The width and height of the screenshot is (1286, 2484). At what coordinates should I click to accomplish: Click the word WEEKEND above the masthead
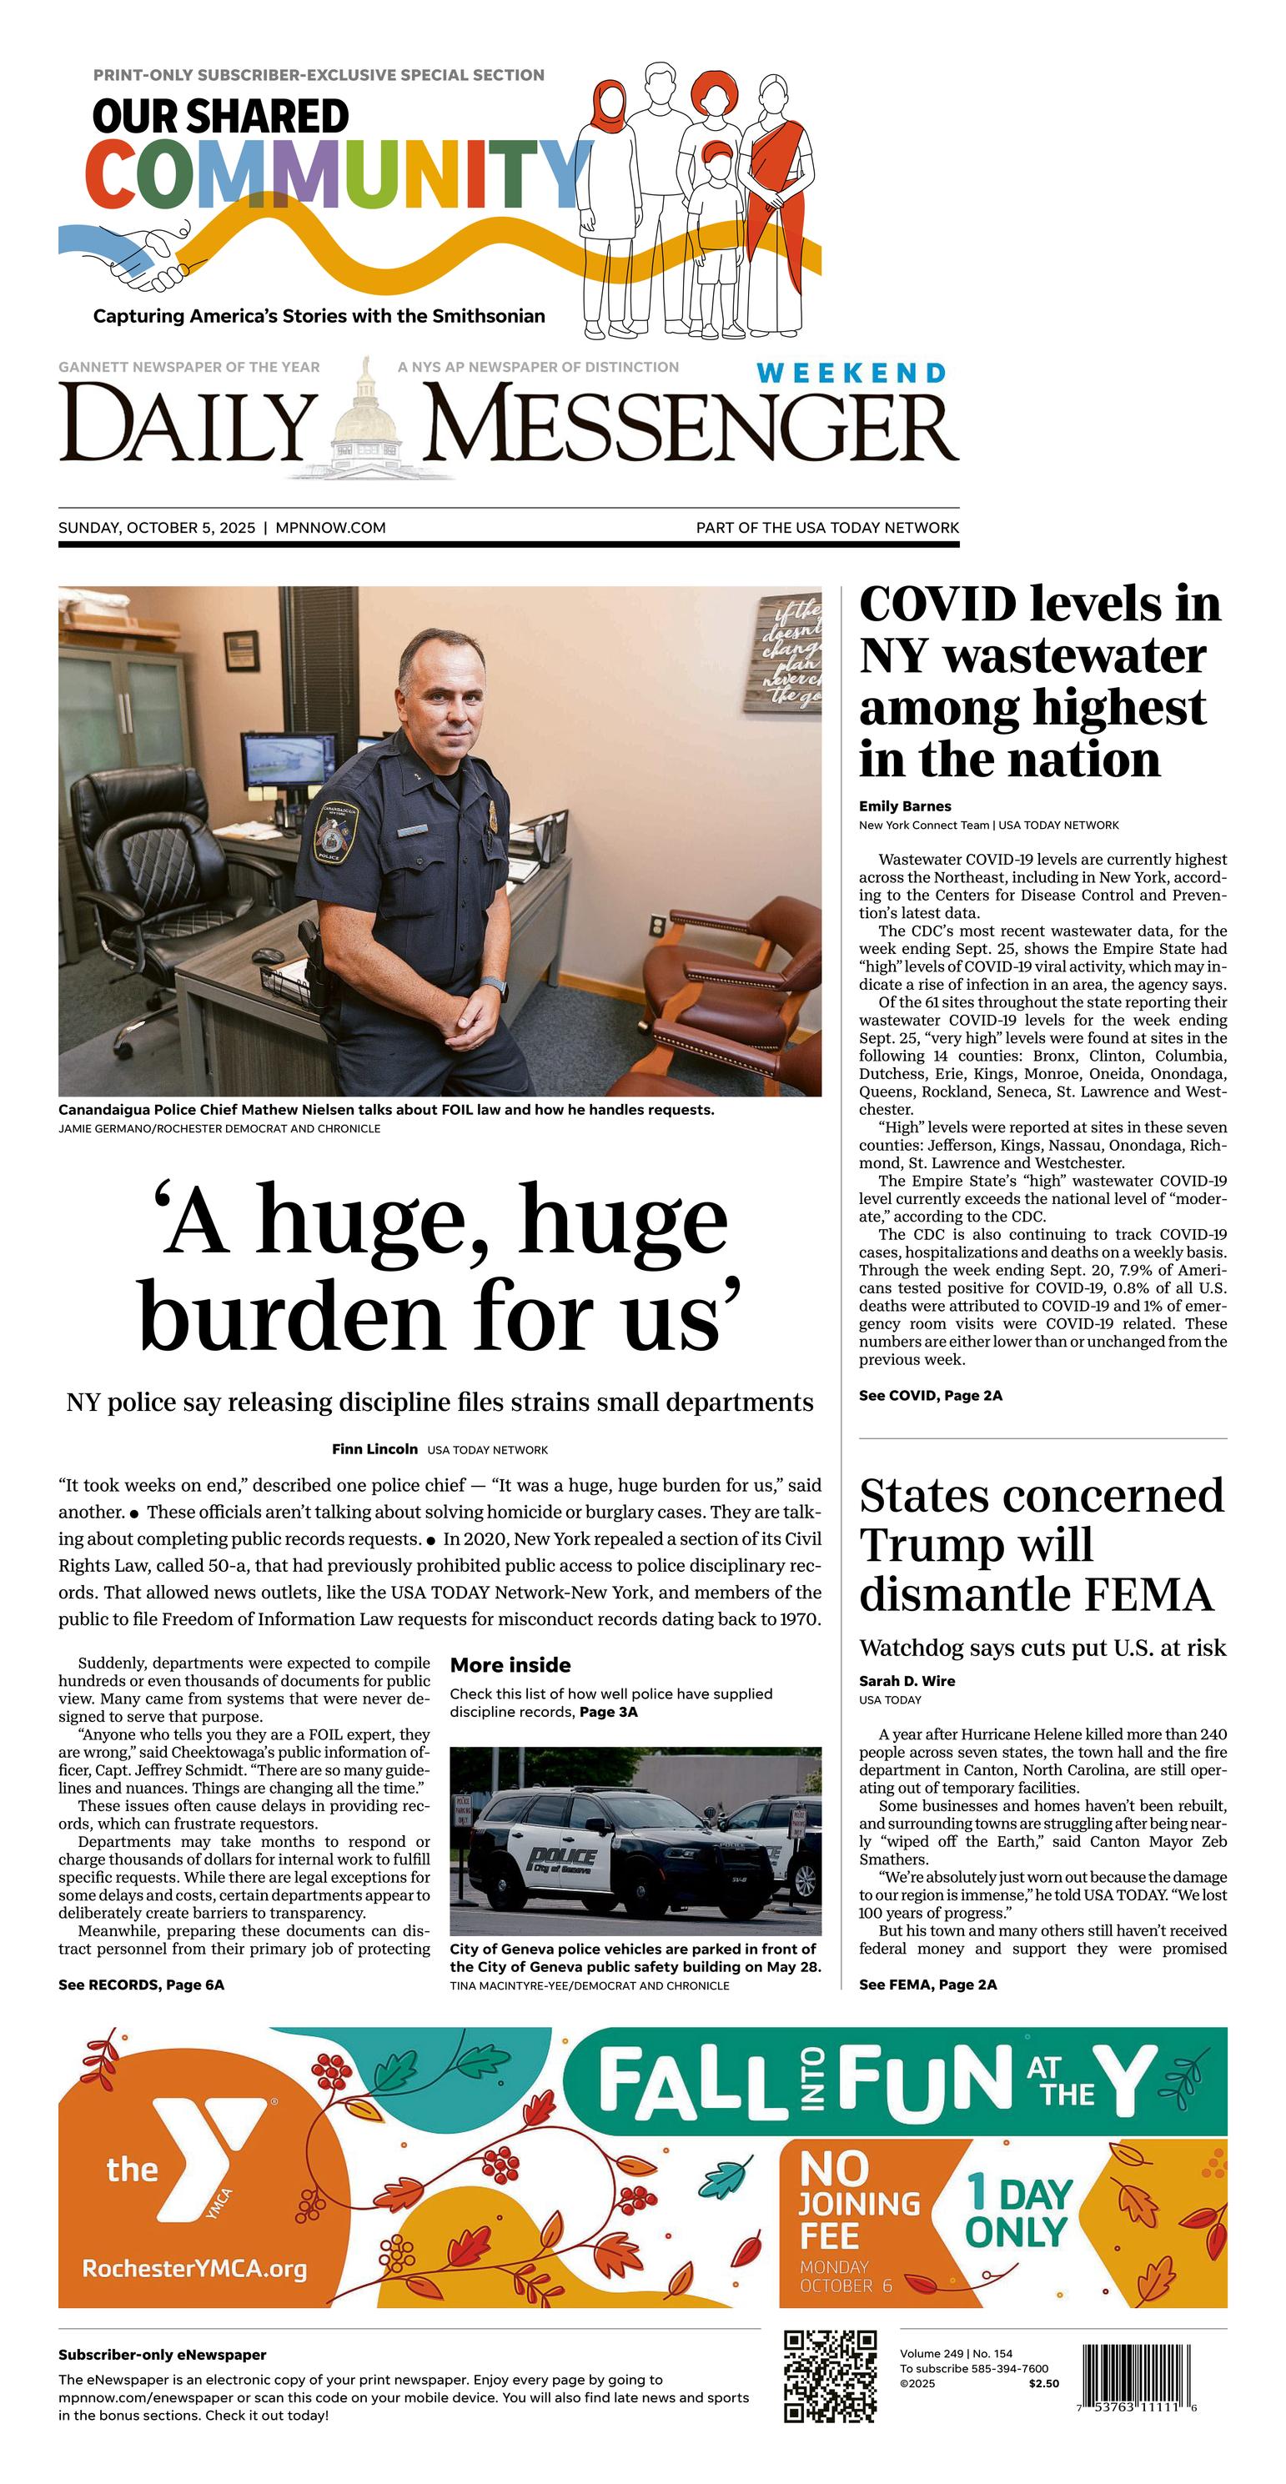851,374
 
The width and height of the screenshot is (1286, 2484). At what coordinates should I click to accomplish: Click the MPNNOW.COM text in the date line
330,528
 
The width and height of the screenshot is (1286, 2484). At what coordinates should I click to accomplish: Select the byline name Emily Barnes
904,806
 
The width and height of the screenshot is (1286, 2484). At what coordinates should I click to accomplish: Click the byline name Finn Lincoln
374,1448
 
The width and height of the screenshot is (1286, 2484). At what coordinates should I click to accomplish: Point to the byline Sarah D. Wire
907,1681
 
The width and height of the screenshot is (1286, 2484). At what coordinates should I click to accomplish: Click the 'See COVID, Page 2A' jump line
930,1395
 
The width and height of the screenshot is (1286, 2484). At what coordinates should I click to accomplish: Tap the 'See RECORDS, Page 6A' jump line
141,1985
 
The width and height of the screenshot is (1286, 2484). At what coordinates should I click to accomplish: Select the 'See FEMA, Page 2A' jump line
927,1985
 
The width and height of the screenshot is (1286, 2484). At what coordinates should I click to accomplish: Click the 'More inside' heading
510,1665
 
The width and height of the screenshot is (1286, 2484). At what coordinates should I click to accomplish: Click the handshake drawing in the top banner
145,255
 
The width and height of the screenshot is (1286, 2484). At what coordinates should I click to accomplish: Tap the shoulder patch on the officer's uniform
334,831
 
